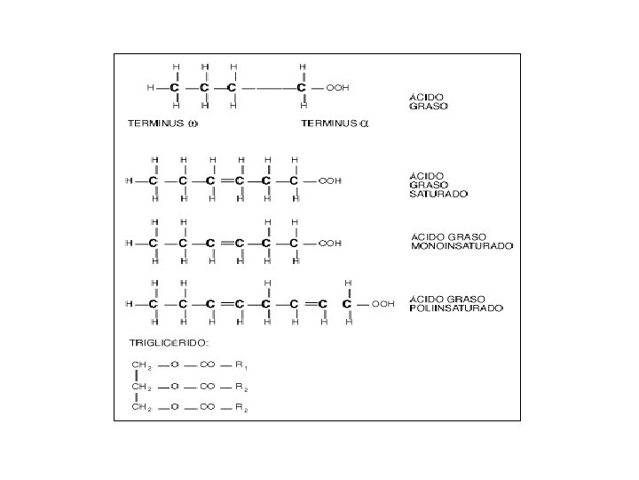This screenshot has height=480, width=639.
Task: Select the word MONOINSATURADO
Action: click(x=461, y=246)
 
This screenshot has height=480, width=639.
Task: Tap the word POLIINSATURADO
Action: click(x=456, y=308)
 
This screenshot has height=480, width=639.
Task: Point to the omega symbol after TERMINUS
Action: click(x=193, y=124)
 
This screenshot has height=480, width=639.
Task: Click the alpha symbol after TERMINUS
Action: click(x=363, y=124)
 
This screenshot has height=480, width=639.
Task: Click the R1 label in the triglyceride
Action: click(x=241, y=365)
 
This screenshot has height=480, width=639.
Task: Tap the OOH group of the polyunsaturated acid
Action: click(x=383, y=304)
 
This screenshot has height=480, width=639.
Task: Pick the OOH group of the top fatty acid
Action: click(x=337, y=88)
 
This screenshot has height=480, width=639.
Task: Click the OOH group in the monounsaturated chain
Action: click(x=330, y=243)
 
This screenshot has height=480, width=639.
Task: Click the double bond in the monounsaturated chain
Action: click(x=225, y=243)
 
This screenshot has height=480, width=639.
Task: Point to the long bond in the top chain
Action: click(x=267, y=88)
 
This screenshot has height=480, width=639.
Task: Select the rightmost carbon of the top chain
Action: click(x=303, y=88)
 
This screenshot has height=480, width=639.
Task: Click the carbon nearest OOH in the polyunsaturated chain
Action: click(x=349, y=304)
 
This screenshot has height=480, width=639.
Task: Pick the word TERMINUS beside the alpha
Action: click(x=329, y=124)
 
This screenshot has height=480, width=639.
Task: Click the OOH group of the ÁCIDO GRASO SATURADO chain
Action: click(x=330, y=181)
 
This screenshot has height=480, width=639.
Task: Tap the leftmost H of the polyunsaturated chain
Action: click(x=130, y=304)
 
